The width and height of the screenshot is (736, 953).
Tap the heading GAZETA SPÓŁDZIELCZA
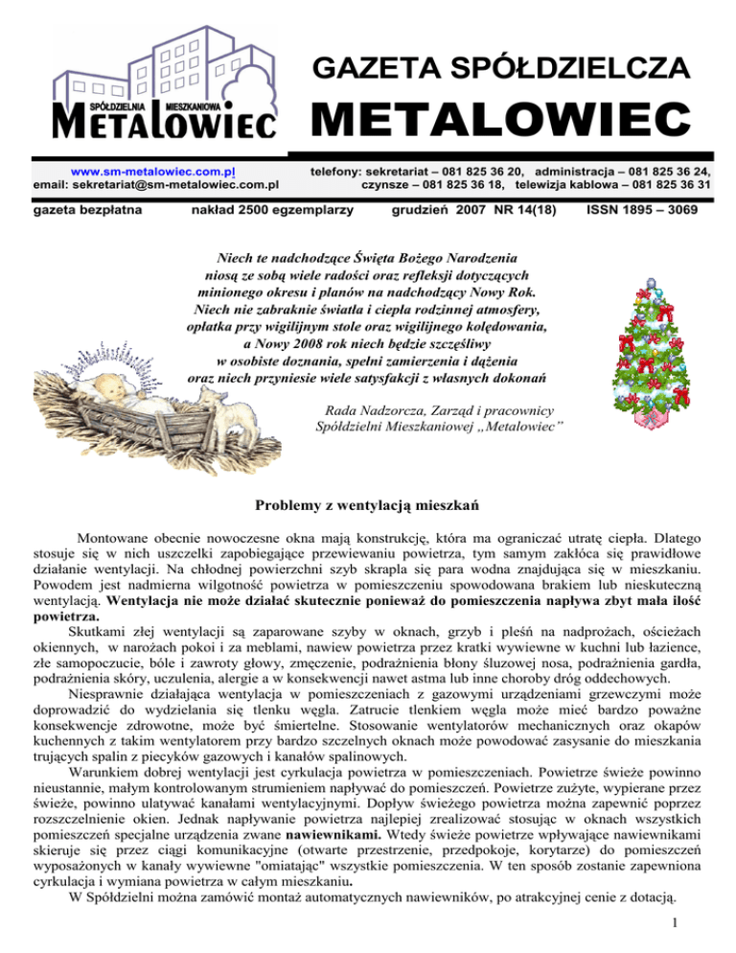point(499,67)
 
